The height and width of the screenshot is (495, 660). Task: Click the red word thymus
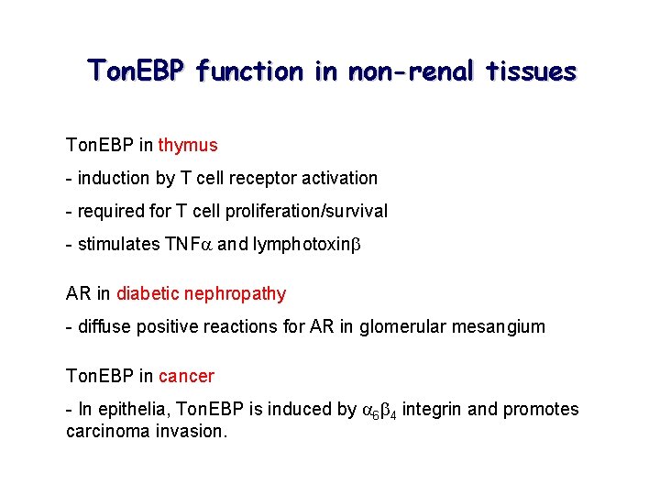coord(188,145)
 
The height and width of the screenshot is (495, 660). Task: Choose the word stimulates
coord(118,244)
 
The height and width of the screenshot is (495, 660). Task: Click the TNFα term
coord(188,244)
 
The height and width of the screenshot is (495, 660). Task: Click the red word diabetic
coord(148,293)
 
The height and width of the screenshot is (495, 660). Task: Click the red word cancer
coord(186,376)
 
